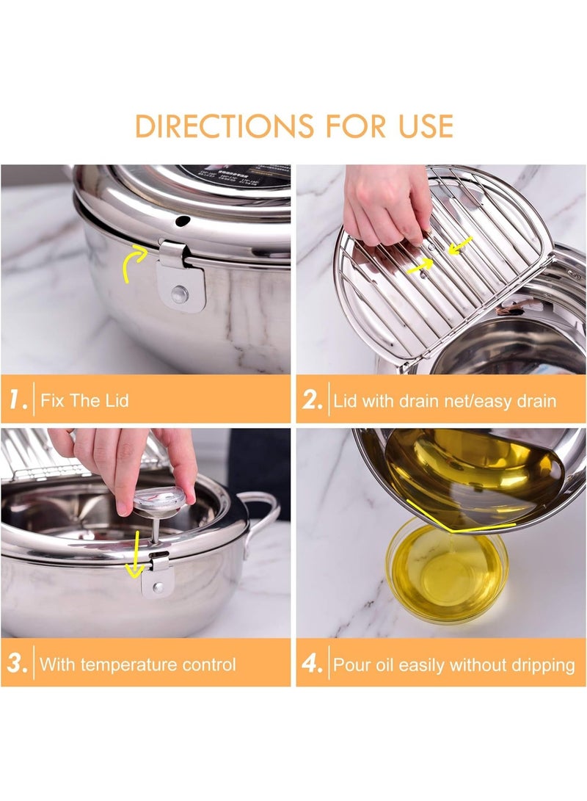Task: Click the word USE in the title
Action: coord(420,126)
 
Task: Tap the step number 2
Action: coord(312,400)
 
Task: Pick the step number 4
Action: coord(312,664)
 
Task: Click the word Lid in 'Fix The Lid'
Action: coord(114,401)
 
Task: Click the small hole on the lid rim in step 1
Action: coord(177,220)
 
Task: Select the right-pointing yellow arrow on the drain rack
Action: coord(421,268)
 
